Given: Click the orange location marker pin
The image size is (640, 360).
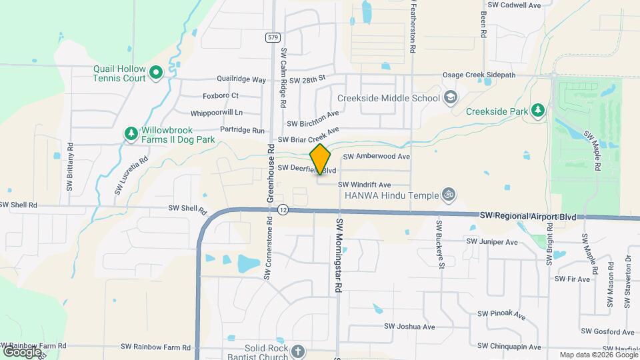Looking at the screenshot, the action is coord(320,159).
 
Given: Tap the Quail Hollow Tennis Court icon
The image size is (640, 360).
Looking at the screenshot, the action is coord(156,72).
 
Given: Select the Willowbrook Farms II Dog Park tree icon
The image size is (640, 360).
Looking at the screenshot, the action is coord(131,134).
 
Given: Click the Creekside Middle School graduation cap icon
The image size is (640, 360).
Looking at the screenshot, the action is coord(451,98).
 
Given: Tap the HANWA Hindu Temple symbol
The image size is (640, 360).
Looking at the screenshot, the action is coord(449,195).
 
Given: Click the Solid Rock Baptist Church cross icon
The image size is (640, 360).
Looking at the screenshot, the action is coord(297,351).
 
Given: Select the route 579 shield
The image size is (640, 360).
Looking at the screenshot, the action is coord(272,37).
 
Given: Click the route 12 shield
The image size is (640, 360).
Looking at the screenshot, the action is coord(283,210).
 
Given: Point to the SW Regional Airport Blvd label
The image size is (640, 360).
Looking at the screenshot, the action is coord(532,216).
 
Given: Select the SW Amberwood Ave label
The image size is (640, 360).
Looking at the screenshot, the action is coord(376,157).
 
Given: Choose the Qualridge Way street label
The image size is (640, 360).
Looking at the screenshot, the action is coord(237,79).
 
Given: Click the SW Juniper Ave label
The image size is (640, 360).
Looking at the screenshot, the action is coord(492,242).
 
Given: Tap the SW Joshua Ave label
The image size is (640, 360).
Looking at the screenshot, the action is coord(409,327).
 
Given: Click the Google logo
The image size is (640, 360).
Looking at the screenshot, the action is coord(22,351).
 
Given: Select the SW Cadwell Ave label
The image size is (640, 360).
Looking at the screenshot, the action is coord(514,5).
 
